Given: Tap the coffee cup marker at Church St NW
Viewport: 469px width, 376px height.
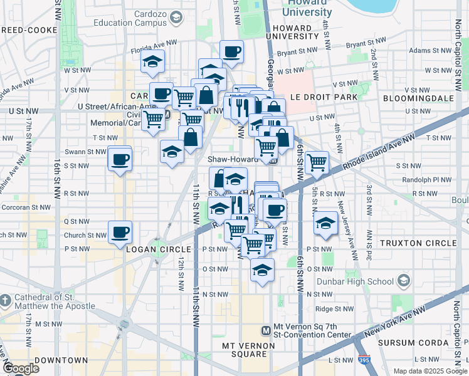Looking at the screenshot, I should point(120,232).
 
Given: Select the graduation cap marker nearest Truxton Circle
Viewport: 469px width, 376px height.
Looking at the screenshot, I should point(325,223).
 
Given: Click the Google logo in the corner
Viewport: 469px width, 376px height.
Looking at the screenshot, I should point(21,368).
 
